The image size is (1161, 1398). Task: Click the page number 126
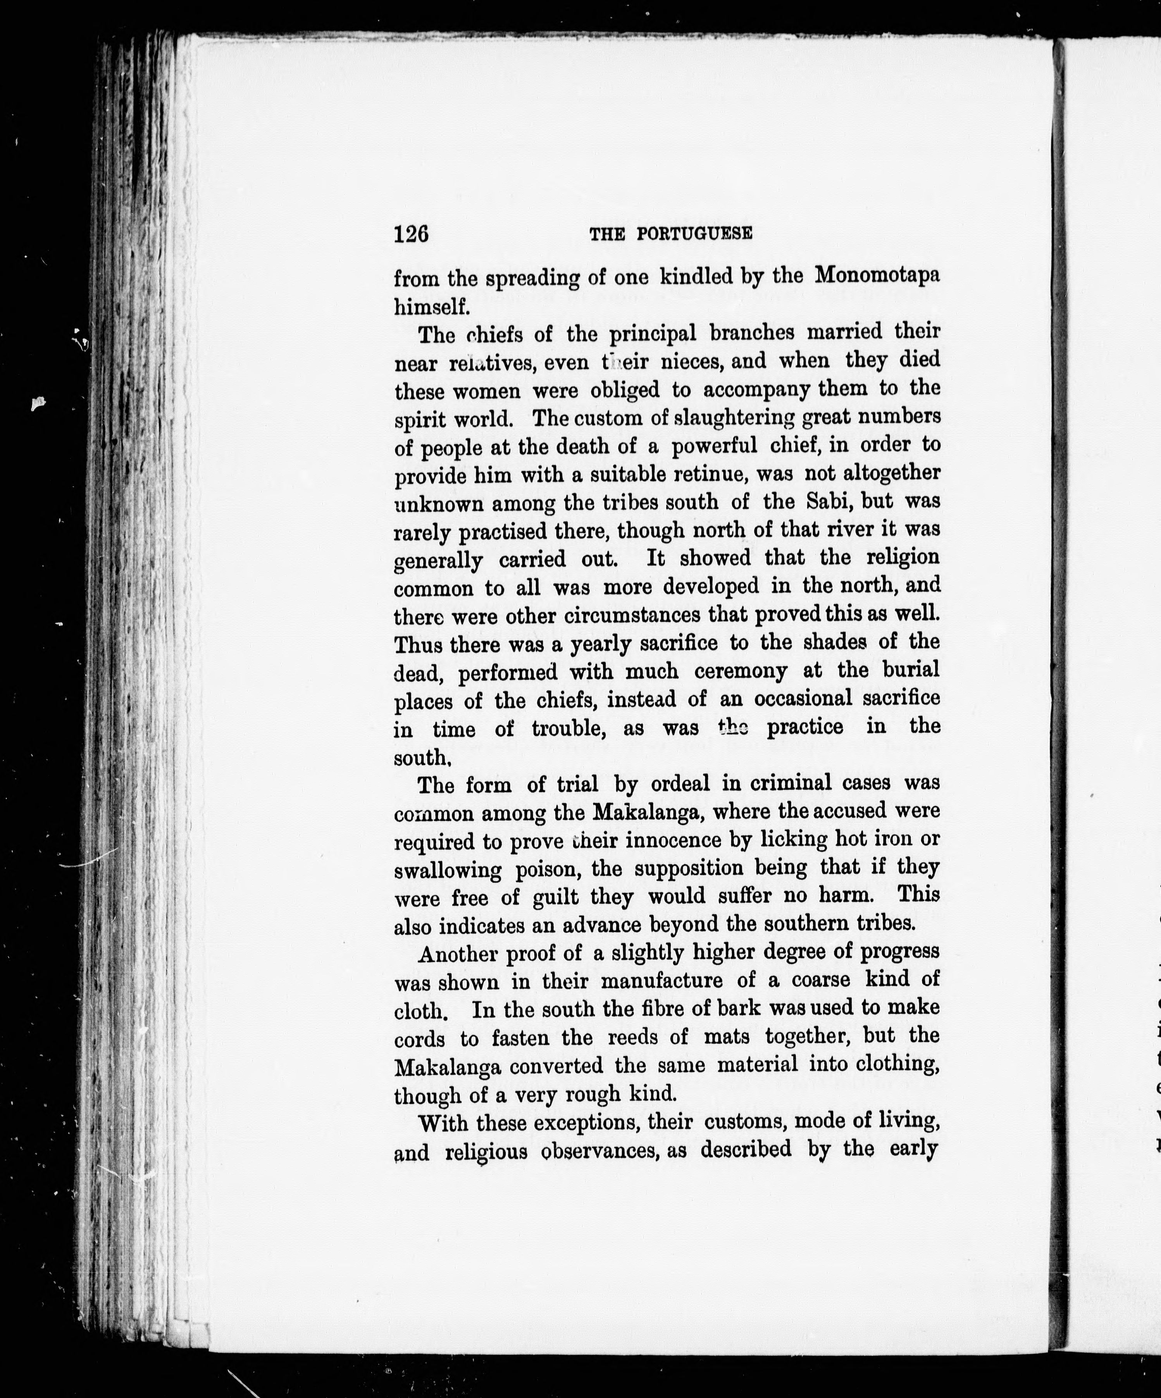point(411,234)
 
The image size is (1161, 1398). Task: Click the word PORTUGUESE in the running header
point(694,234)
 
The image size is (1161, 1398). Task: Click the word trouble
point(568,729)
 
